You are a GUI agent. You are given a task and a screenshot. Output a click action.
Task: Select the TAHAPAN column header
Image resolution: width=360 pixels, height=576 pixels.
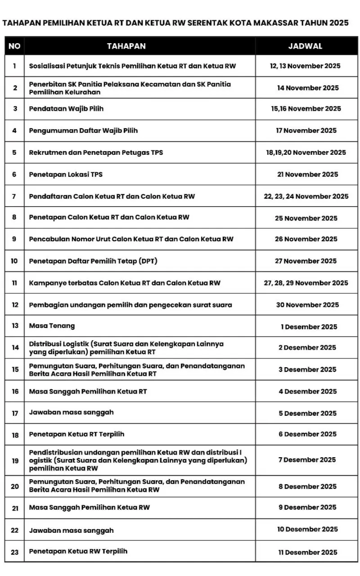(x=126, y=46)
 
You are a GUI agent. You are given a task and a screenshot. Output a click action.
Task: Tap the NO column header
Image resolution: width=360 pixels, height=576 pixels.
(x=14, y=46)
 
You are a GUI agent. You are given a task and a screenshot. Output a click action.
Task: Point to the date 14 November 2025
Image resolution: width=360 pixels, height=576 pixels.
(x=308, y=88)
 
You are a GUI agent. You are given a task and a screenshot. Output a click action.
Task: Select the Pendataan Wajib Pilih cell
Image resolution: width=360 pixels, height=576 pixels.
(x=67, y=108)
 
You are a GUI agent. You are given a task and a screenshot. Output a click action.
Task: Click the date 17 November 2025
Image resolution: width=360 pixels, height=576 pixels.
(x=306, y=130)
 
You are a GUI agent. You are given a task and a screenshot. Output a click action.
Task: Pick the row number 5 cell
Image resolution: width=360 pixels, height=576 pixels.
(x=14, y=153)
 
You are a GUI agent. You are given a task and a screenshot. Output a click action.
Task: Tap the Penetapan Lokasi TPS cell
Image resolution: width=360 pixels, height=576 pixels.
(x=66, y=174)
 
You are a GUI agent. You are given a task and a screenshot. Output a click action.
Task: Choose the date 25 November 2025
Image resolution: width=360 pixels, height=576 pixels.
(x=306, y=218)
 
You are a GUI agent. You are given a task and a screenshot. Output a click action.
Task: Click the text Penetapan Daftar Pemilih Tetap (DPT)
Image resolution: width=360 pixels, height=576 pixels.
(x=93, y=261)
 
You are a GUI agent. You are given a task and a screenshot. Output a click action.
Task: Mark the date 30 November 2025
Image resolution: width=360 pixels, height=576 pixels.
(x=307, y=305)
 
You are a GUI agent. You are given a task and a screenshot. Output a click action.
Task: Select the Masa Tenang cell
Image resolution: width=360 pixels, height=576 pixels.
(x=52, y=326)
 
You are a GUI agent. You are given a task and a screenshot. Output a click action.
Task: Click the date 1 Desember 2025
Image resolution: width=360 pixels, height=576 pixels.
(x=309, y=327)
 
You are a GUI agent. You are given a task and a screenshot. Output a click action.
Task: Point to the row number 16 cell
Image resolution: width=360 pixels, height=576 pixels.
(x=15, y=391)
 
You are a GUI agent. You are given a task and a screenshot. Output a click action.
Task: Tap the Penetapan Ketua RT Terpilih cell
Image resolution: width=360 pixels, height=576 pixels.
(x=76, y=434)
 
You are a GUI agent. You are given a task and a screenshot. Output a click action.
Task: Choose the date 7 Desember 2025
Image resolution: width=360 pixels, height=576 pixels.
(x=310, y=459)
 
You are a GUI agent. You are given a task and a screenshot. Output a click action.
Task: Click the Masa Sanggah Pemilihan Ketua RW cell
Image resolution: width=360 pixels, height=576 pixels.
(x=90, y=507)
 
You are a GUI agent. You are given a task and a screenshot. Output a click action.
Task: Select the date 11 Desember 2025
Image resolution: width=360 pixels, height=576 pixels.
(x=307, y=552)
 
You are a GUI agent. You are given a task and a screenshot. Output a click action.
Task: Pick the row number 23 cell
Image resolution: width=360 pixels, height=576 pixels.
(x=15, y=552)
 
